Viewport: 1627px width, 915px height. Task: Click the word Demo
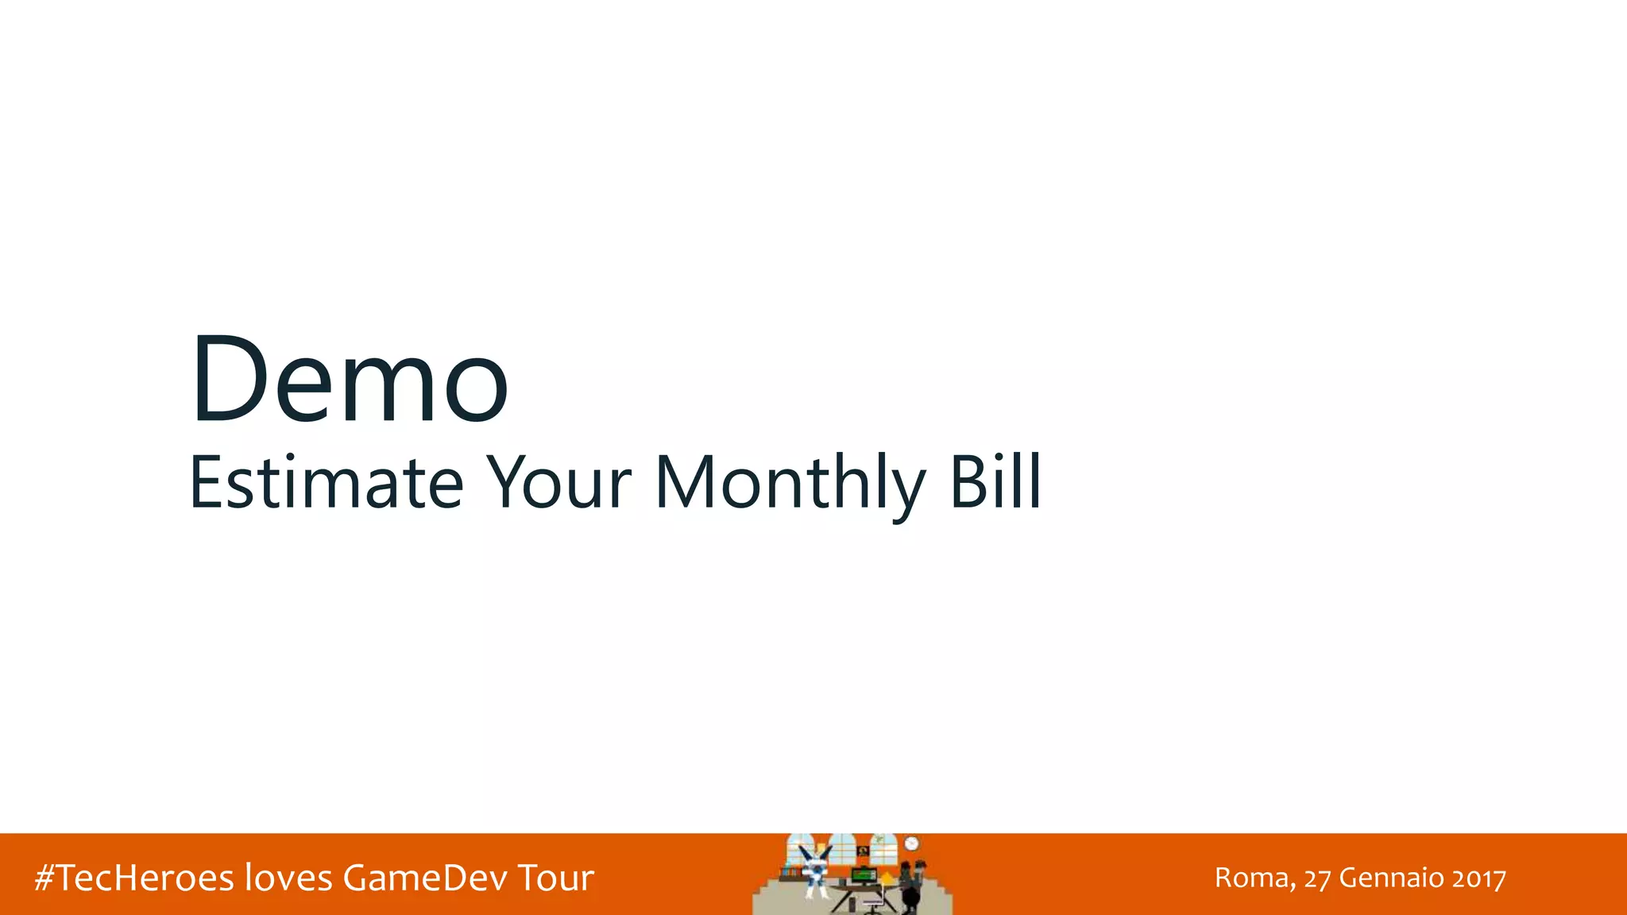click(x=350, y=379)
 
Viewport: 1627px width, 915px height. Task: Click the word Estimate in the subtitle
click(x=326, y=482)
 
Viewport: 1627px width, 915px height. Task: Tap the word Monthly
click(x=790, y=482)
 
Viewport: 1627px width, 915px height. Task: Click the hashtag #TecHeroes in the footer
click(x=134, y=878)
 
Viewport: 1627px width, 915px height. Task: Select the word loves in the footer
click(x=288, y=878)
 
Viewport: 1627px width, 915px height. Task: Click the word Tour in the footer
click(x=555, y=878)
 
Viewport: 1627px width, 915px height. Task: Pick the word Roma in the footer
click(x=1254, y=878)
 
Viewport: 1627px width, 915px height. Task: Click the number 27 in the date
click(x=1317, y=878)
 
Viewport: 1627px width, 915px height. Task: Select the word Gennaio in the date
click(x=1391, y=878)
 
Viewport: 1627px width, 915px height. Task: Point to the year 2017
click(x=1478, y=878)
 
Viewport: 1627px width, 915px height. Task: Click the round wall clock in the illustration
click(x=911, y=844)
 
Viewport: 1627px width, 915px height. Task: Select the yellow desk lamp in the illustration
click(x=887, y=878)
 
